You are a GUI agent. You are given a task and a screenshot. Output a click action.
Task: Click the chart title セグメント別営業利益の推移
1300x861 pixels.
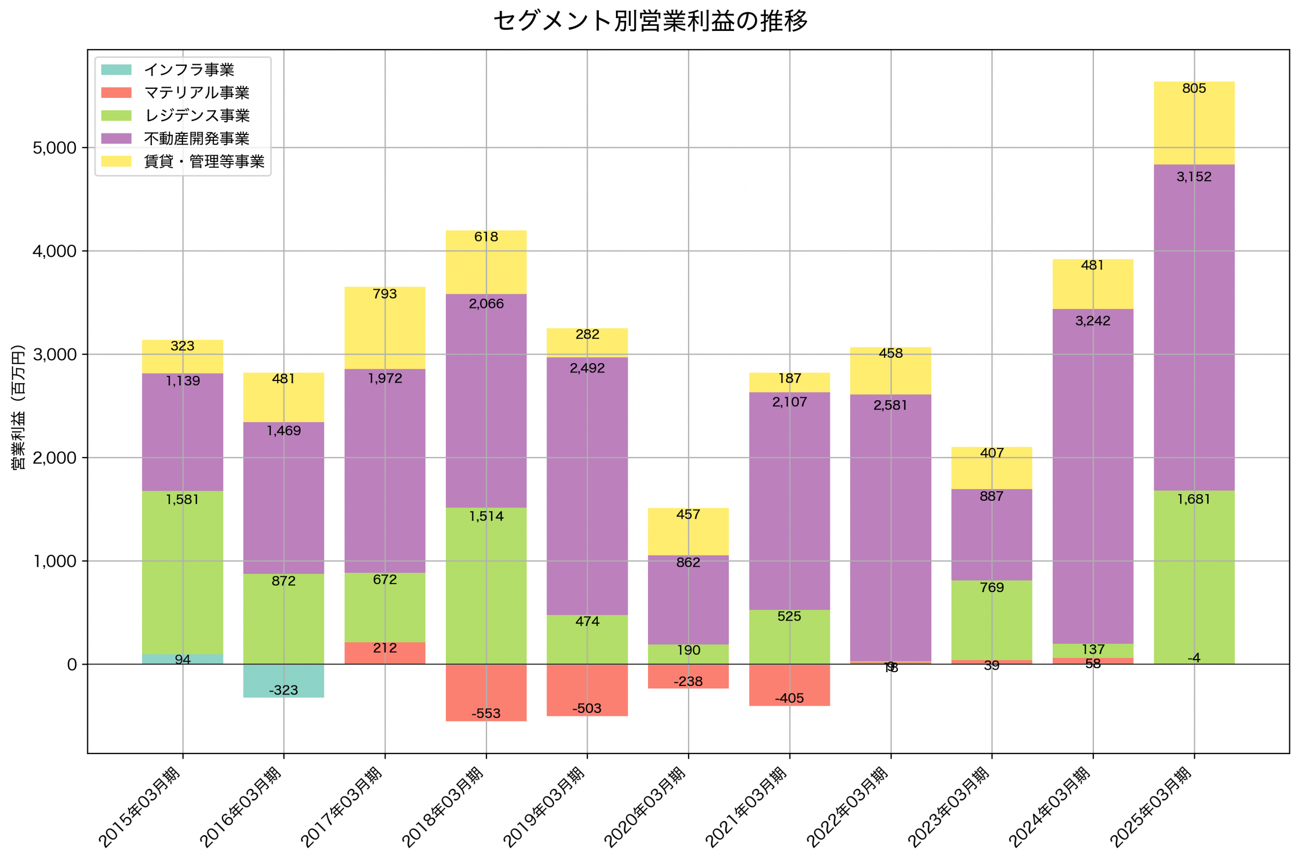pos(650,21)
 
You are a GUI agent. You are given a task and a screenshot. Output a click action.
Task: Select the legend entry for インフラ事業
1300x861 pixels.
pos(188,70)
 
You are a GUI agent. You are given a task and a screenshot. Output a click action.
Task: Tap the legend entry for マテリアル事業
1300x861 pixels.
pos(196,93)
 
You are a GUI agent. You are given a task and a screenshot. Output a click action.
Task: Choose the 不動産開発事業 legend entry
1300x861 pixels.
pos(196,139)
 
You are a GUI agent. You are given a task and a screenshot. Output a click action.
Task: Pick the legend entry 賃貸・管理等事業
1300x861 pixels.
pos(204,161)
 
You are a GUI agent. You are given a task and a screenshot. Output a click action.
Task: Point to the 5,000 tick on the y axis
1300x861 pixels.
pos(54,148)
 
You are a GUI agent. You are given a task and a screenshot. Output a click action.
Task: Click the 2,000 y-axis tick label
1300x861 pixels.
pos(54,458)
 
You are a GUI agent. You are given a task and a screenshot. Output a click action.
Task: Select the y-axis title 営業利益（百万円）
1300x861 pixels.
pos(19,407)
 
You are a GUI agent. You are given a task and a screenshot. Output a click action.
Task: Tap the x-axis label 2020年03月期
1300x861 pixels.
pos(645,807)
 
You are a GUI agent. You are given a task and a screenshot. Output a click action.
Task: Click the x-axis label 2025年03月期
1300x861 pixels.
pos(1151,807)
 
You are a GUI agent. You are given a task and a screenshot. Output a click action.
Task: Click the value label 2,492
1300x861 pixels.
pos(587,368)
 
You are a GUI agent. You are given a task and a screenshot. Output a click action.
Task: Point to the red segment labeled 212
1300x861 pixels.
pos(384,653)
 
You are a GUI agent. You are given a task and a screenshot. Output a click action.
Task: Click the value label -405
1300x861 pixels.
pos(789,699)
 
